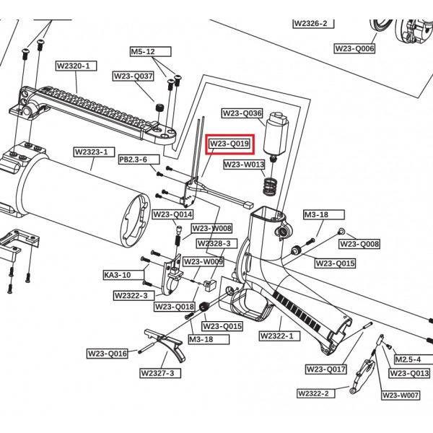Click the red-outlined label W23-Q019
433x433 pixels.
(x=229, y=144)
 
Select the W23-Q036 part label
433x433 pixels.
(x=242, y=113)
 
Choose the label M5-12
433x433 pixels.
(x=142, y=52)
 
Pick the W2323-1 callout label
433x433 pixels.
(x=91, y=152)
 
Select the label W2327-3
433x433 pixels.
(x=160, y=372)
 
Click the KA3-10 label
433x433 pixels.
(x=117, y=275)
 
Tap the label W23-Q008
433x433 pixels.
(x=359, y=244)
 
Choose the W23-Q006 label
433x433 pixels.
(x=354, y=48)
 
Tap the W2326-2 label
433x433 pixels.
(x=311, y=23)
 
